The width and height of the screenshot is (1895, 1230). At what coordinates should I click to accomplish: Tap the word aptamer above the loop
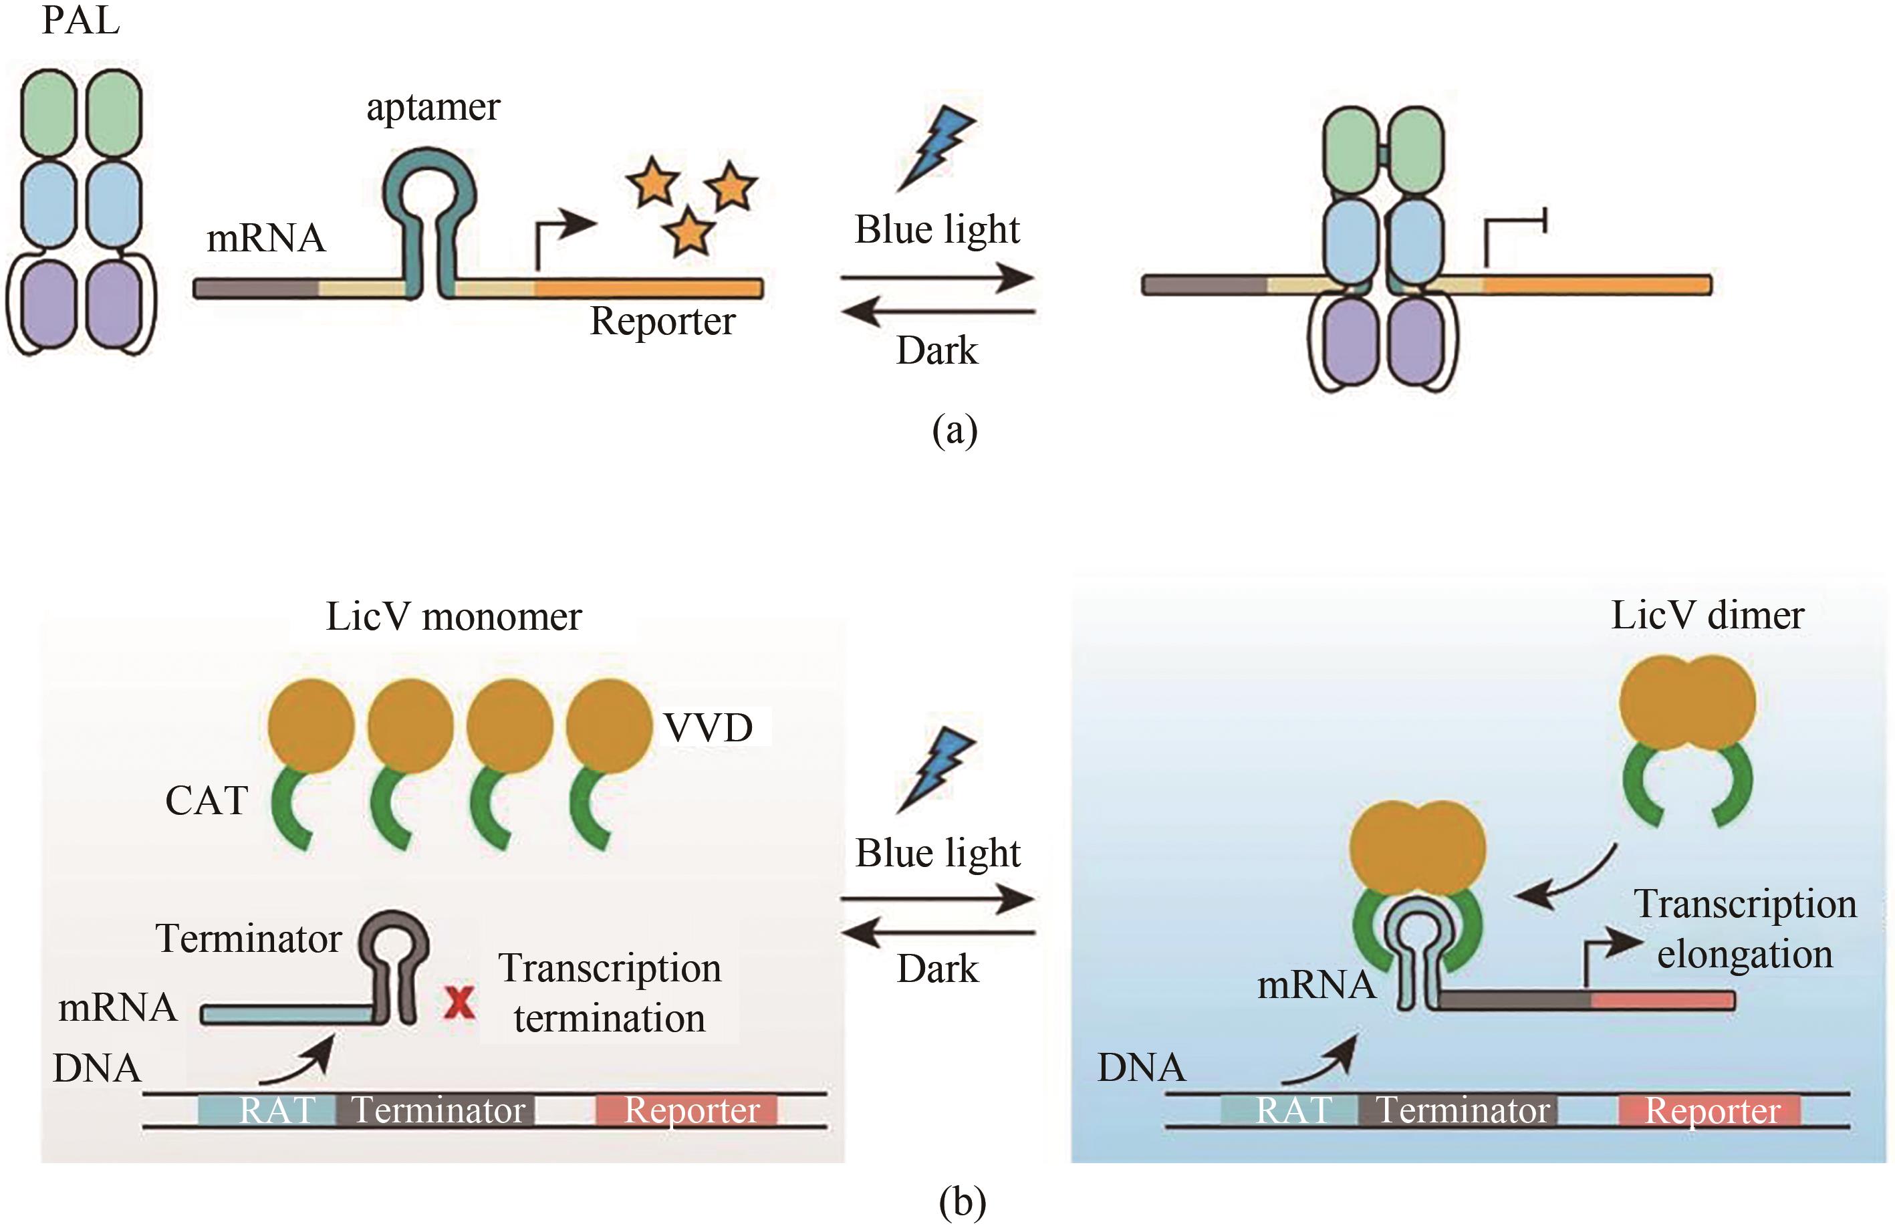point(433,108)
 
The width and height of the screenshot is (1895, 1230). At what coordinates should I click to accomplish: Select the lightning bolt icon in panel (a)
point(937,147)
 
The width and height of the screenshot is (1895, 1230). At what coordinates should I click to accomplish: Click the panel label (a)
point(955,430)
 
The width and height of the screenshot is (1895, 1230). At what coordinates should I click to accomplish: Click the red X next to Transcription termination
point(459,1003)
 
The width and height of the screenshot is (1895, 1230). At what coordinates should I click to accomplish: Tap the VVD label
point(709,728)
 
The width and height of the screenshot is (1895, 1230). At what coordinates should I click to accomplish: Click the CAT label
point(207,800)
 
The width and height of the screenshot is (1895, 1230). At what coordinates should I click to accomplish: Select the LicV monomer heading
point(454,617)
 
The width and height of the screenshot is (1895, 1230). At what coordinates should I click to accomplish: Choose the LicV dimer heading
point(1707,616)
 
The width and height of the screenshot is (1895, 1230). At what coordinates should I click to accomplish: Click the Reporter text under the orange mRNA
point(662,322)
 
